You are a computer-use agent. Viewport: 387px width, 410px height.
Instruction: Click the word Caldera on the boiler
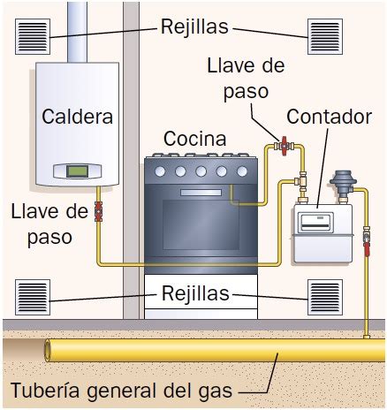point(77,117)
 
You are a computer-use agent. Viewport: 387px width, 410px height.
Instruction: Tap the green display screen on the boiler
point(77,171)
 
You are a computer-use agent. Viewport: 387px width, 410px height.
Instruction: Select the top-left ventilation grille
point(33,36)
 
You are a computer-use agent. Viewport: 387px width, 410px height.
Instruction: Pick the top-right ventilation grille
point(325,36)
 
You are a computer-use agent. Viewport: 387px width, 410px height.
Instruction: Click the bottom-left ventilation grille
point(33,297)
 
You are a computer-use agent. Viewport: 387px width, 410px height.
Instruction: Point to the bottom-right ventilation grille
point(325,297)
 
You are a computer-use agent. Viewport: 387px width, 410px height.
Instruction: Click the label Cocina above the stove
point(195,139)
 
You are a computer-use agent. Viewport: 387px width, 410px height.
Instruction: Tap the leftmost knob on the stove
point(160,171)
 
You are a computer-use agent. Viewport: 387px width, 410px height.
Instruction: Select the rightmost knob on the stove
point(242,171)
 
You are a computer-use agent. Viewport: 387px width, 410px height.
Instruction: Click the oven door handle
point(201,193)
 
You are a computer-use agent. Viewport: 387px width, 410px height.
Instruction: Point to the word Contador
point(329,117)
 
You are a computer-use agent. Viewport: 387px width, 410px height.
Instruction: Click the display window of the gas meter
point(315,223)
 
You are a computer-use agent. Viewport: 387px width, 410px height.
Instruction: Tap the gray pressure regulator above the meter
point(343,184)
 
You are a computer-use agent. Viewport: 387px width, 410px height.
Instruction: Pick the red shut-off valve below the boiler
point(98,211)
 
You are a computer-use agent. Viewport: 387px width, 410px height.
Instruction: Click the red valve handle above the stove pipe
point(284,146)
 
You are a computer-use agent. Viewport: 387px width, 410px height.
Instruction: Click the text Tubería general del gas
point(122,391)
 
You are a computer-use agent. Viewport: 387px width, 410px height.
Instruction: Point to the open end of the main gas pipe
point(48,350)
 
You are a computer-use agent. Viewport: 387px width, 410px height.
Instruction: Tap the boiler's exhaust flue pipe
point(78,32)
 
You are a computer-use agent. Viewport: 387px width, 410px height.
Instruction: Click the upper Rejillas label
point(194,27)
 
